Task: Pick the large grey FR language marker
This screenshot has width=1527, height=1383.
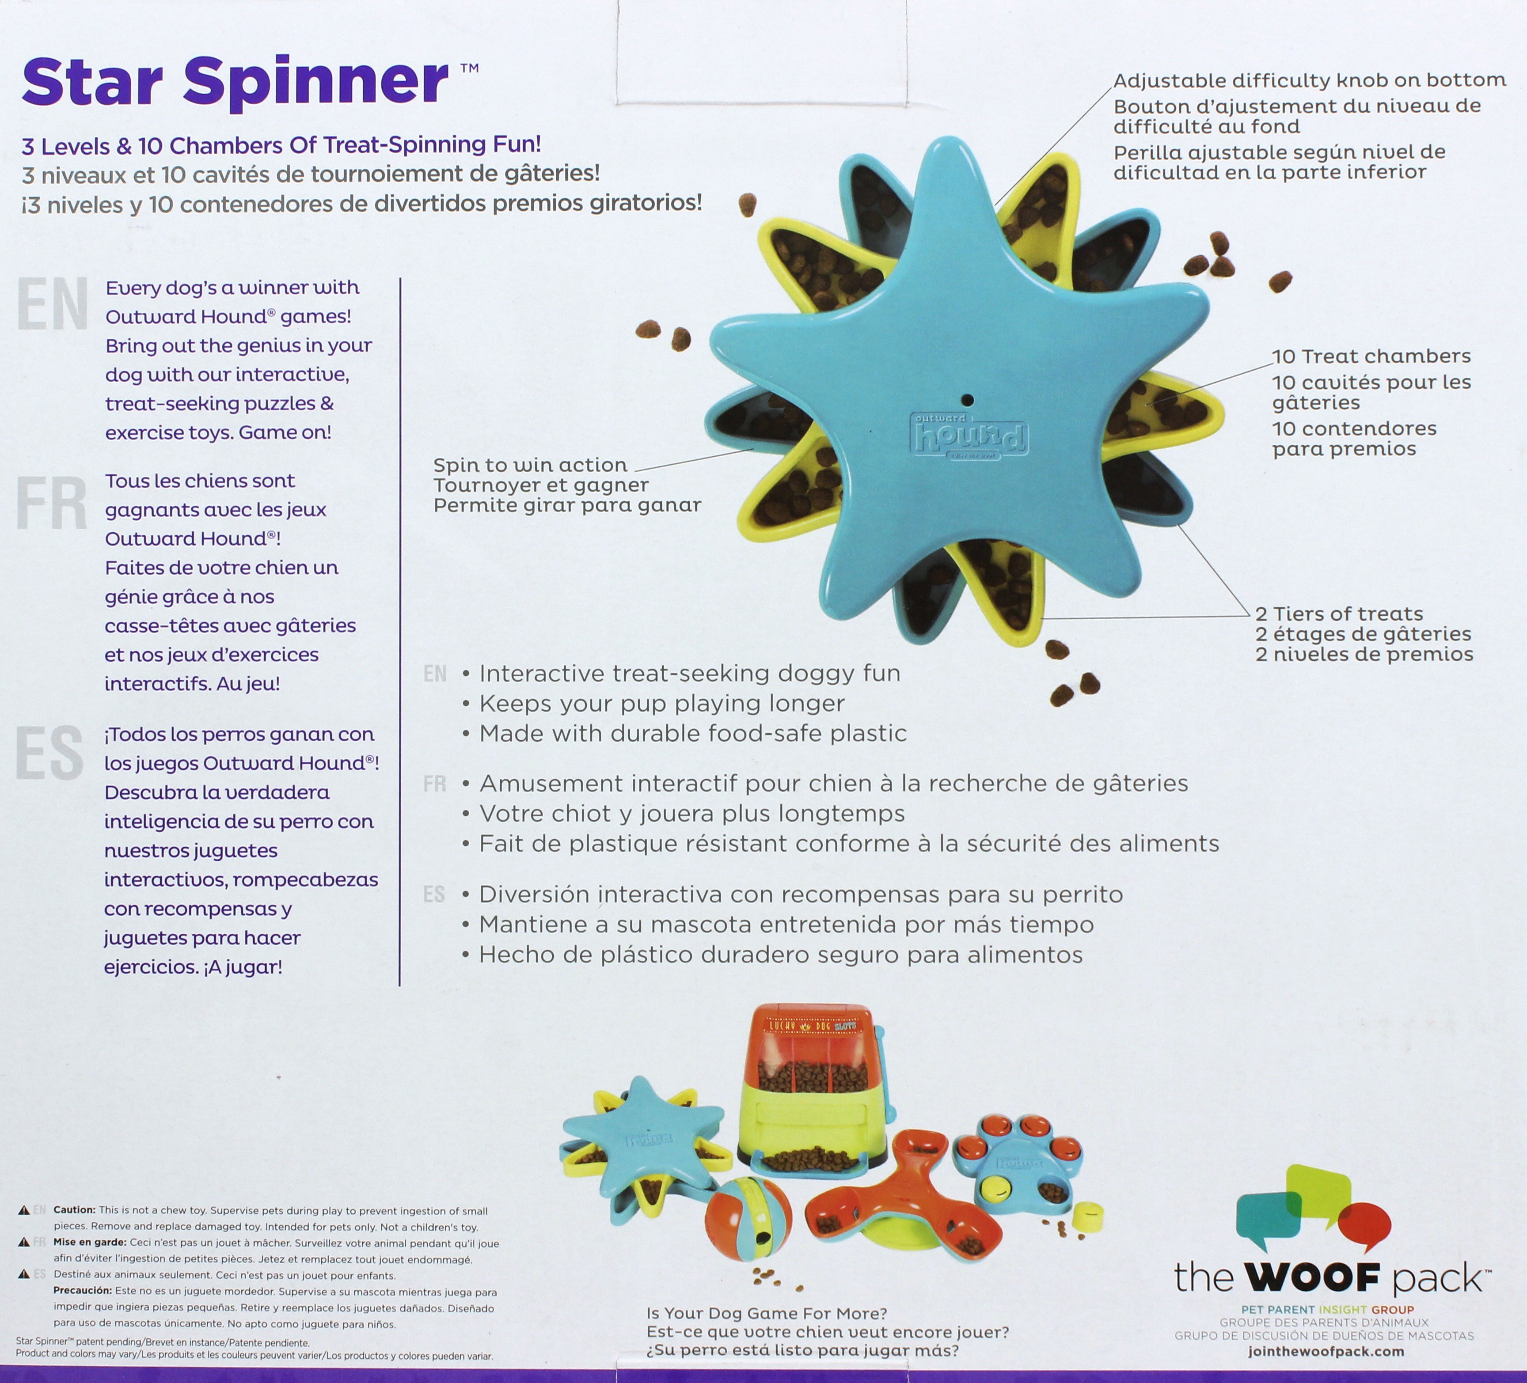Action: coord(52,504)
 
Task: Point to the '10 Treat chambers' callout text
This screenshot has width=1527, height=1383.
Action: coord(1371,356)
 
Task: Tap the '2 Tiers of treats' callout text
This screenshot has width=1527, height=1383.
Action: coord(1339,614)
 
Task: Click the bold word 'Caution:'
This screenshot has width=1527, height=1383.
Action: coord(74,1210)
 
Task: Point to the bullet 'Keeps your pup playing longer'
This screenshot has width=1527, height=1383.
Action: coord(662,704)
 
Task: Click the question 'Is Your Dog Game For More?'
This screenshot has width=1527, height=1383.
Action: coord(767,1313)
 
